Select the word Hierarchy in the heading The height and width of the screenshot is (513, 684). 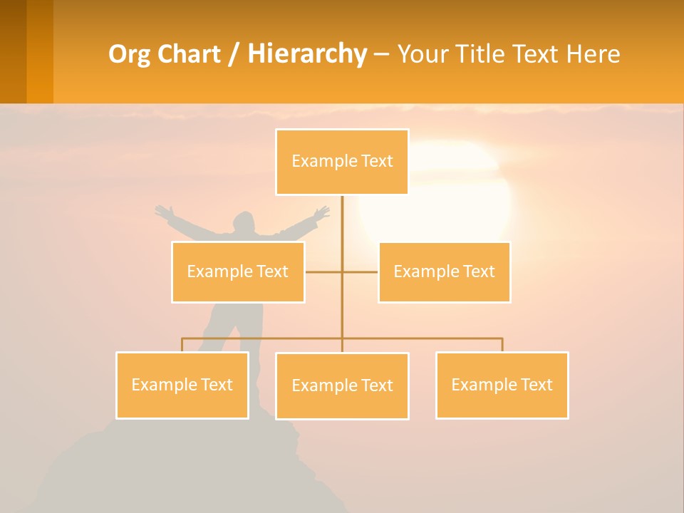tap(307, 54)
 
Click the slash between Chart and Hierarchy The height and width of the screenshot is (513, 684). tap(234, 55)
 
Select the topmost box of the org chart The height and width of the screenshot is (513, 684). tap(342, 162)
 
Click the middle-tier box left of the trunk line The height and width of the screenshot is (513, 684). tap(238, 271)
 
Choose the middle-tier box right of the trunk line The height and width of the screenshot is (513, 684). tap(444, 271)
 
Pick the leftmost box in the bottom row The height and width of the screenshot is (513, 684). tap(182, 385)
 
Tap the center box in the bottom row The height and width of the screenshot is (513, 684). tap(342, 385)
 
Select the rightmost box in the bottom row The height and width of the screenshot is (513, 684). tap(502, 385)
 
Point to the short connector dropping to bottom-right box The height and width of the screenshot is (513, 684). tap(502, 345)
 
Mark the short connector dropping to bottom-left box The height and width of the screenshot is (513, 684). tap(182, 345)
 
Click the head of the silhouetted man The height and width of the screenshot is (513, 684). tap(244, 220)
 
